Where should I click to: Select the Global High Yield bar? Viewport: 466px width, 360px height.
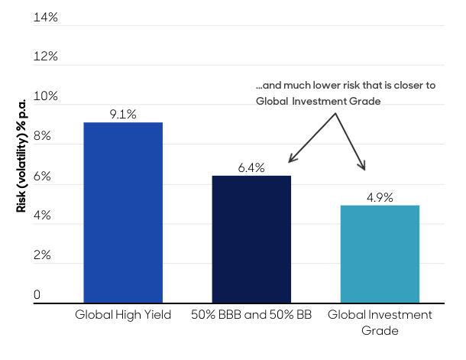pyautogui.click(x=123, y=212)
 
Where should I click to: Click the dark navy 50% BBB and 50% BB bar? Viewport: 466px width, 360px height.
pyautogui.click(x=251, y=239)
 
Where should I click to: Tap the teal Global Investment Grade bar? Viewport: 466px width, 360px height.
pyautogui.click(x=380, y=254)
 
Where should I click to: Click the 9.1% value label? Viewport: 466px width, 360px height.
pyautogui.click(x=123, y=115)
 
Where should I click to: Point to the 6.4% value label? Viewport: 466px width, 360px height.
pyautogui.click(x=251, y=168)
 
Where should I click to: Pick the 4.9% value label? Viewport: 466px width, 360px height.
pyautogui.click(x=380, y=197)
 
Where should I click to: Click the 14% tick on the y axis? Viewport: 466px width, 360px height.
pyautogui.click(x=46, y=18)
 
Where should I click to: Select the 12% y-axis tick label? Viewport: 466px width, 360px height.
pyautogui.click(x=46, y=57)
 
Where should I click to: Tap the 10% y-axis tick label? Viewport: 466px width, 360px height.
pyautogui.click(x=46, y=97)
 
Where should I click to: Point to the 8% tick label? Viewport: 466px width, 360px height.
pyautogui.click(x=42, y=137)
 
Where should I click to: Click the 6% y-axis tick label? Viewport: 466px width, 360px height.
pyautogui.click(x=42, y=177)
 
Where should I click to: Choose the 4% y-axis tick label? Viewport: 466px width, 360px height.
pyautogui.click(x=42, y=216)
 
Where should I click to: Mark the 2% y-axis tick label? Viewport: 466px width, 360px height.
pyautogui.click(x=42, y=256)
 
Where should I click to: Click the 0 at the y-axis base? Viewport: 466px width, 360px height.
pyautogui.click(x=37, y=296)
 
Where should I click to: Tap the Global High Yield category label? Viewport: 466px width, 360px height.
pyautogui.click(x=123, y=316)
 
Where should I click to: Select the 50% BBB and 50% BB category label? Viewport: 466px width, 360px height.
pyautogui.click(x=251, y=316)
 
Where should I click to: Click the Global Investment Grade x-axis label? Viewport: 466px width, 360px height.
pyautogui.click(x=380, y=323)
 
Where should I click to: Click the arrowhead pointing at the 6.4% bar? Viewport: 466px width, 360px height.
pyautogui.click(x=291, y=160)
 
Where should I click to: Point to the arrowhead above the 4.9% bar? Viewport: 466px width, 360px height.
pyautogui.click(x=363, y=167)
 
